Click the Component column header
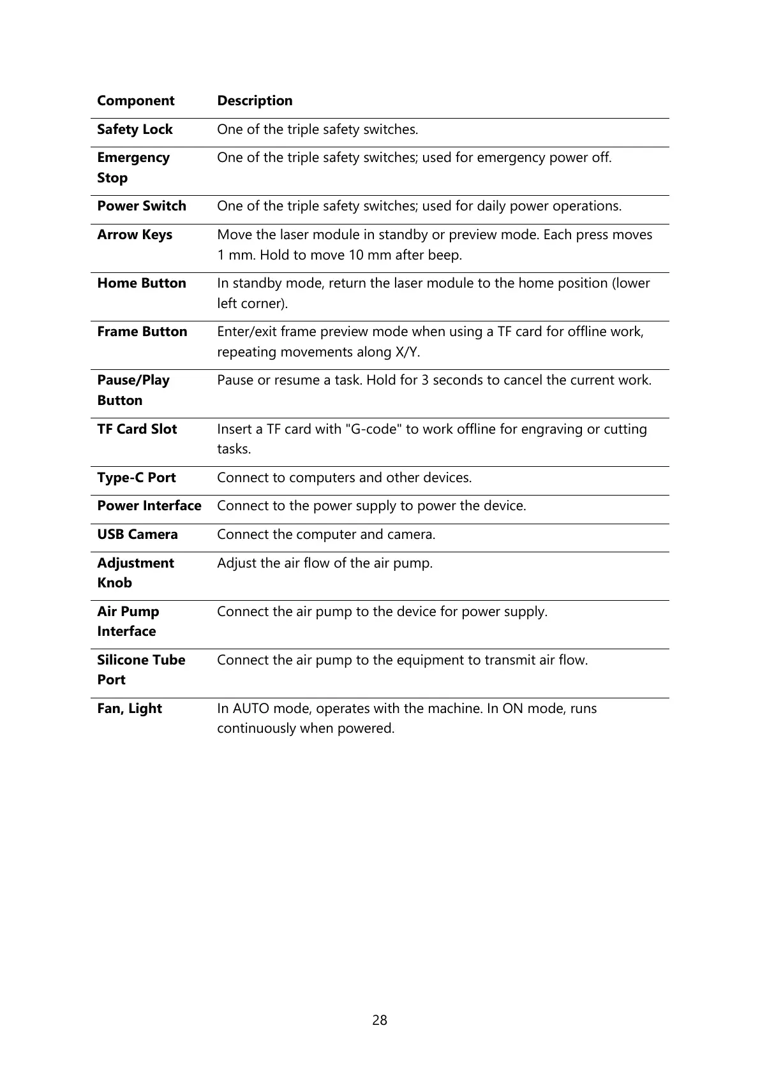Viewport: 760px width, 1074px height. pyautogui.click(x=135, y=101)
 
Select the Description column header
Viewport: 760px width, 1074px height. pyautogui.click(x=255, y=101)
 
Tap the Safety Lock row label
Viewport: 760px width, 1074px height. pyautogui.click(x=135, y=129)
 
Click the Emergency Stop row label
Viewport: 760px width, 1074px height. pyautogui.click(x=133, y=168)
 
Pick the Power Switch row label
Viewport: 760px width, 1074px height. pyautogui.click(x=142, y=206)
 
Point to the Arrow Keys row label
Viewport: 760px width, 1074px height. pyautogui.click(x=135, y=235)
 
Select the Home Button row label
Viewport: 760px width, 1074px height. pyautogui.click(x=142, y=283)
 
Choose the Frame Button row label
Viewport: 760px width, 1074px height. pyautogui.click(x=142, y=332)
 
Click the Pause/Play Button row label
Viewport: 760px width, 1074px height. pyautogui.click(x=133, y=390)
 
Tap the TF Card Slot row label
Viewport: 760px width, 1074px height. pyautogui.click(x=137, y=429)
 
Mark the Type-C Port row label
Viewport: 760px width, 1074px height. pyautogui.click(x=137, y=478)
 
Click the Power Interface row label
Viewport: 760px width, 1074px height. pyautogui.click(x=149, y=506)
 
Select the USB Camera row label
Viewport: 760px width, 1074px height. pyautogui.click(x=137, y=534)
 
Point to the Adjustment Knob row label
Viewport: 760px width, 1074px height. pyautogui.click(x=135, y=573)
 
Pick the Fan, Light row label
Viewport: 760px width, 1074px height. pyautogui.click(x=130, y=709)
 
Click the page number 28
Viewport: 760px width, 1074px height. pyautogui.click(x=380, y=1020)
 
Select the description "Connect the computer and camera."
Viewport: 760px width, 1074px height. pyautogui.click(x=326, y=534)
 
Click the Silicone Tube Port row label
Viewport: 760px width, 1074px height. pyautogui.click(x=141, y=670)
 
